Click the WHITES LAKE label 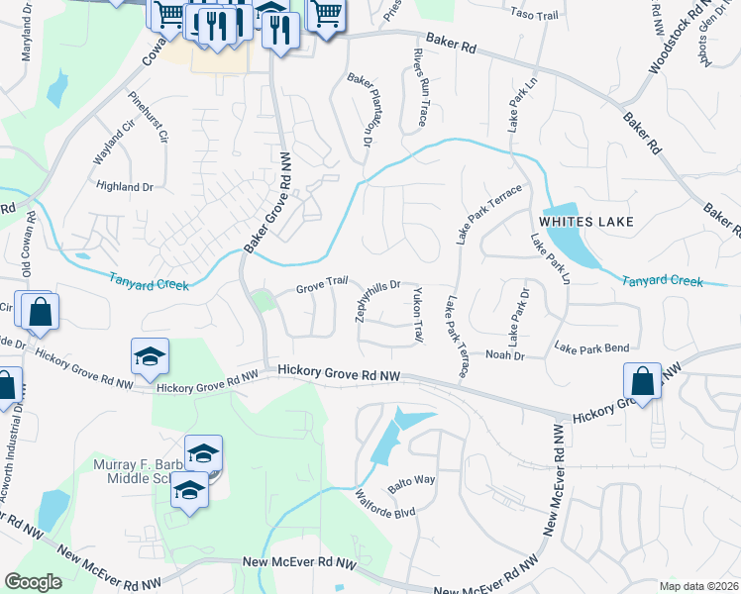pos(585,220)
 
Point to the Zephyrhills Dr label pos(376,300)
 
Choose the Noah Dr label pos(503,353)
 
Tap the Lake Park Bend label pos(591,347)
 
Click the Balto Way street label pos(412,480)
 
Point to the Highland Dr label pos(125,186)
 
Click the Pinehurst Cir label pos(149,116)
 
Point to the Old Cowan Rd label pos(28,244)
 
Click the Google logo pos(33,581)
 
